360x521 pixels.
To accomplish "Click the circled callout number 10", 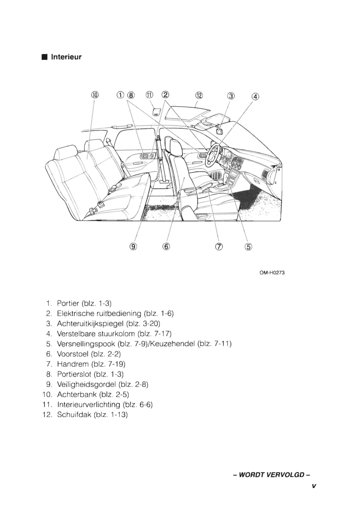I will coord(95,95).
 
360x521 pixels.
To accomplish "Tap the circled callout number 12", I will coord(199,95).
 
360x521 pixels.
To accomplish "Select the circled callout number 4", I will coord(255,97).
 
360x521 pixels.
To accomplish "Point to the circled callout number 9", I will coord(133,247).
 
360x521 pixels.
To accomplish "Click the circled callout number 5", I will coord(248,247).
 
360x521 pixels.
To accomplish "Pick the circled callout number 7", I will coord(219,247).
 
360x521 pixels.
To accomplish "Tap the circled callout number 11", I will coord(149,95).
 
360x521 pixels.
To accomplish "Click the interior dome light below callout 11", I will coord(156,112).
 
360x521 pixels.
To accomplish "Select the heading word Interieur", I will coord(66,57).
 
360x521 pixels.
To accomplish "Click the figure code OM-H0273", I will coord(272,273).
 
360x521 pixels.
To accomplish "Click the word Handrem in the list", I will coord(73,364).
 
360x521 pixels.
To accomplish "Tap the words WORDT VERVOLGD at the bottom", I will coord(271,475).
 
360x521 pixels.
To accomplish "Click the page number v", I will coord(314,486).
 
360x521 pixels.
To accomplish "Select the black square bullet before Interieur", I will coord(44,57).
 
